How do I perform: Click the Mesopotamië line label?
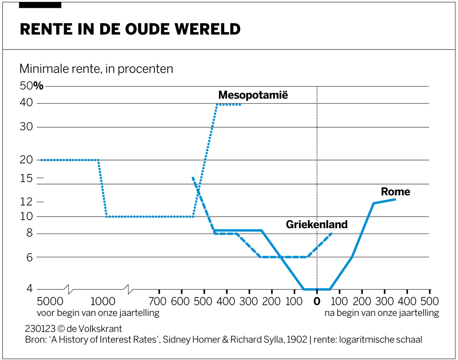pos(253,95)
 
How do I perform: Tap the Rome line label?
pos(395,191)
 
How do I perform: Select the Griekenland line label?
pos(317,224)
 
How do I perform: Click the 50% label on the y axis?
pos(31,86)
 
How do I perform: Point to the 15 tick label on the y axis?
pos(26,178)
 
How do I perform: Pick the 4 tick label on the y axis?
pos(30,288)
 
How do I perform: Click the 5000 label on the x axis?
pos(50,301)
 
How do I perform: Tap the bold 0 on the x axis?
pos(317,301)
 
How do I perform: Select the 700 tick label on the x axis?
pos(158,301)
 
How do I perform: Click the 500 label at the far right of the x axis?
pos(430,301)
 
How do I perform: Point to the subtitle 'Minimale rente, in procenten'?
pos(96,69)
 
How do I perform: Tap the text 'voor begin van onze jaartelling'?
pos(98,313)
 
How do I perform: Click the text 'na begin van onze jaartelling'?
pos(382,313)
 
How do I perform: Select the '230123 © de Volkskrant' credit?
pos(73,329)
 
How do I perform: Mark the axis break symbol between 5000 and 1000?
pos(68,289)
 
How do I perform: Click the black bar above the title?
pos(40,5)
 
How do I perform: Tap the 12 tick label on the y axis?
pos(26,202)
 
